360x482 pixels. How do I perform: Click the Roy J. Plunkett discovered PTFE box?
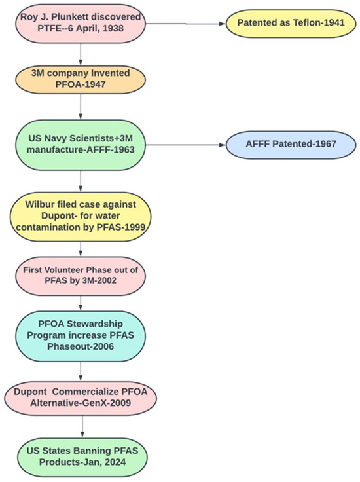tap(80, 24)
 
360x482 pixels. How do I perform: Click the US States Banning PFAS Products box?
tap(80, 452)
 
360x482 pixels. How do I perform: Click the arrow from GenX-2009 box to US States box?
tap(80, 424)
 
